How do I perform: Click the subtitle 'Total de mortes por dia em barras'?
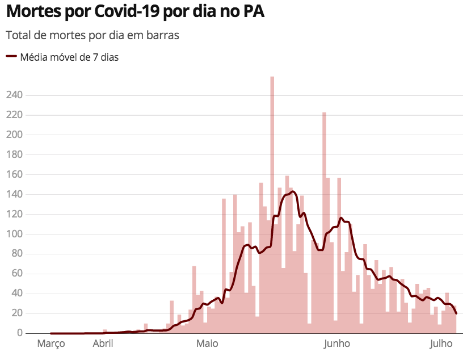click(x=92, y=35)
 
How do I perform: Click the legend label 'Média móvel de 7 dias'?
click(x=69, y=57)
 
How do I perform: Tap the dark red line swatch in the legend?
click(x=11, y=57)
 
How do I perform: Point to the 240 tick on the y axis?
click(x=15, y=95)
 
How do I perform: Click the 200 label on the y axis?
click(x=15, y=135)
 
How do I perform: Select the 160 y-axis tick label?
click(x=15, y=174)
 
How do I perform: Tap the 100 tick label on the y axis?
click(x=15, y=234)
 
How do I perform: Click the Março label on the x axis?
click(x=51, y=344)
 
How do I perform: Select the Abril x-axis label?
click(x=103, y=344)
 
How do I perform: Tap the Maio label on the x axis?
click(x=207, y=344)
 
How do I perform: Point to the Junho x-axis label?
click(x=336, y=344)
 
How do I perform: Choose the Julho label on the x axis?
click(x=441, y=344)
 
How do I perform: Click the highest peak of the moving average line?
click(x=292, y=192)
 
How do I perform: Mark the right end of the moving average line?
click(x=456, y=313)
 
